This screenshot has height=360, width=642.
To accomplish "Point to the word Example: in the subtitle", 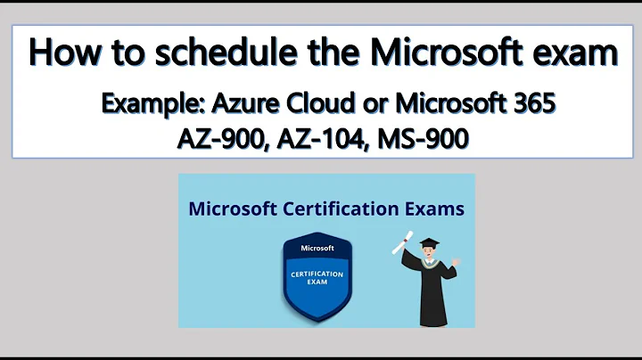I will point(152,103).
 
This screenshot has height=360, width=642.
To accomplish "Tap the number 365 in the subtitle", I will point(531,103).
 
